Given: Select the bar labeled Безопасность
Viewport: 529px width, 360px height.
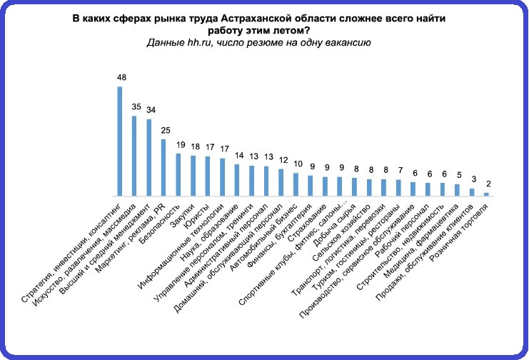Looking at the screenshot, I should point(178,174).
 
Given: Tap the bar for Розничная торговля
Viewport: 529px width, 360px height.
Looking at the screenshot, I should point(487,194).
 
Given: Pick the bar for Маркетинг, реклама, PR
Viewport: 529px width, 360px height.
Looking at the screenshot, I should point(163,167).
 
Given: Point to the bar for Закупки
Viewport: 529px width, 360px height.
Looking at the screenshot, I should point(193,176).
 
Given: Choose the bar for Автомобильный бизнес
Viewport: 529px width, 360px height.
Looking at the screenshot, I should point(296,184).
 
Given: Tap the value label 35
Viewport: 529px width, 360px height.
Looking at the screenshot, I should point(134,106).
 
